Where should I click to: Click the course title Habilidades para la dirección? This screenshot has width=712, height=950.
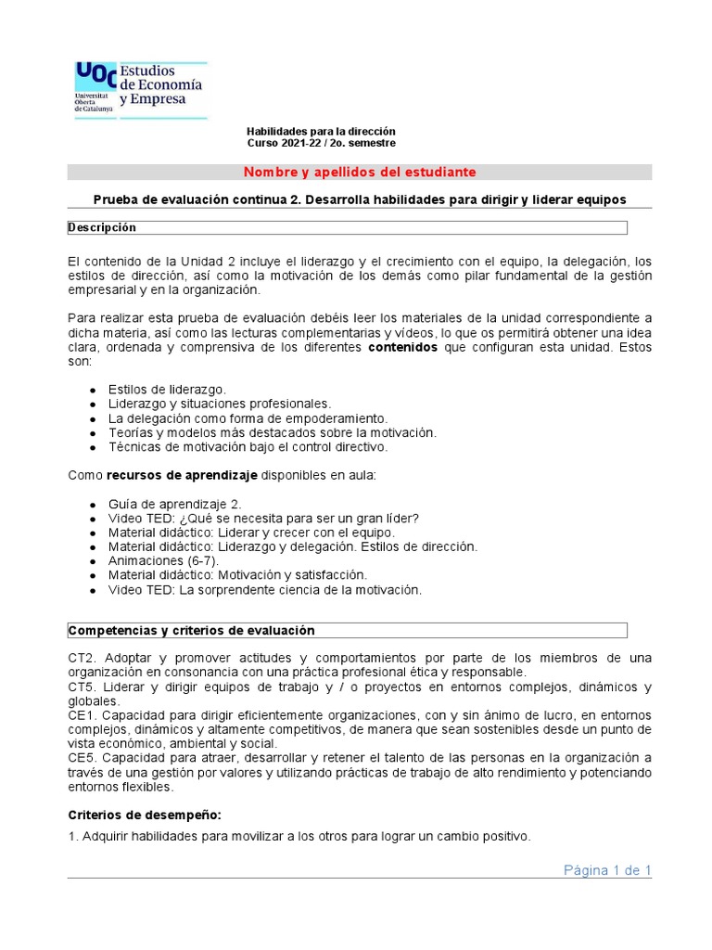(x=320, y=132)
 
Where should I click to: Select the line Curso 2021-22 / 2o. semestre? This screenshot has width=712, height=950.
(x=321, y=144)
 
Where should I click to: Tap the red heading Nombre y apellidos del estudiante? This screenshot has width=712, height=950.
(x=360, y=173)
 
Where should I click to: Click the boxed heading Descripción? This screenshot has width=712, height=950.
(x=103, y=228)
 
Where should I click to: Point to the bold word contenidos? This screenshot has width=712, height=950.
(x=403, y=348)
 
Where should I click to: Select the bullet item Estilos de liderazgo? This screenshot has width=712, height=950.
(x=167, y=390)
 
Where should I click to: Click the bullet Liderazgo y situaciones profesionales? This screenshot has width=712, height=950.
(x=219, y=404)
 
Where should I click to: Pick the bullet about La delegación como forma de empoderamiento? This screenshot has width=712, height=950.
(x=248, y=418)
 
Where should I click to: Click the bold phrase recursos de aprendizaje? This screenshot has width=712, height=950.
(x=181, y=476)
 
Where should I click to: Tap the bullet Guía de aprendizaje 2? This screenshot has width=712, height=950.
(x=174, y=504)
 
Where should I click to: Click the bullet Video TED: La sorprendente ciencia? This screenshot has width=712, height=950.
(x=264, y=590)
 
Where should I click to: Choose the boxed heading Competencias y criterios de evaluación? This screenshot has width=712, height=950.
(x=192, y=631)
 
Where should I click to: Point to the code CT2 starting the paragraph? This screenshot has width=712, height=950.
(x=82, y=659)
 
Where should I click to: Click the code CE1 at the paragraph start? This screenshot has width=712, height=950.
(x=82, y=715)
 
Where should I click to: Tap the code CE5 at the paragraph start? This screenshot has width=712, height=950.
(x=82, y=758)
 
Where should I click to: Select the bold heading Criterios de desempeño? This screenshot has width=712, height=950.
(x=145, y=815)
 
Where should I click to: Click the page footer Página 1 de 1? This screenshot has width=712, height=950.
(x=607, y=870)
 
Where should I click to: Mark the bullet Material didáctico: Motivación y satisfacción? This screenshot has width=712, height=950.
(x=237, y=575)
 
